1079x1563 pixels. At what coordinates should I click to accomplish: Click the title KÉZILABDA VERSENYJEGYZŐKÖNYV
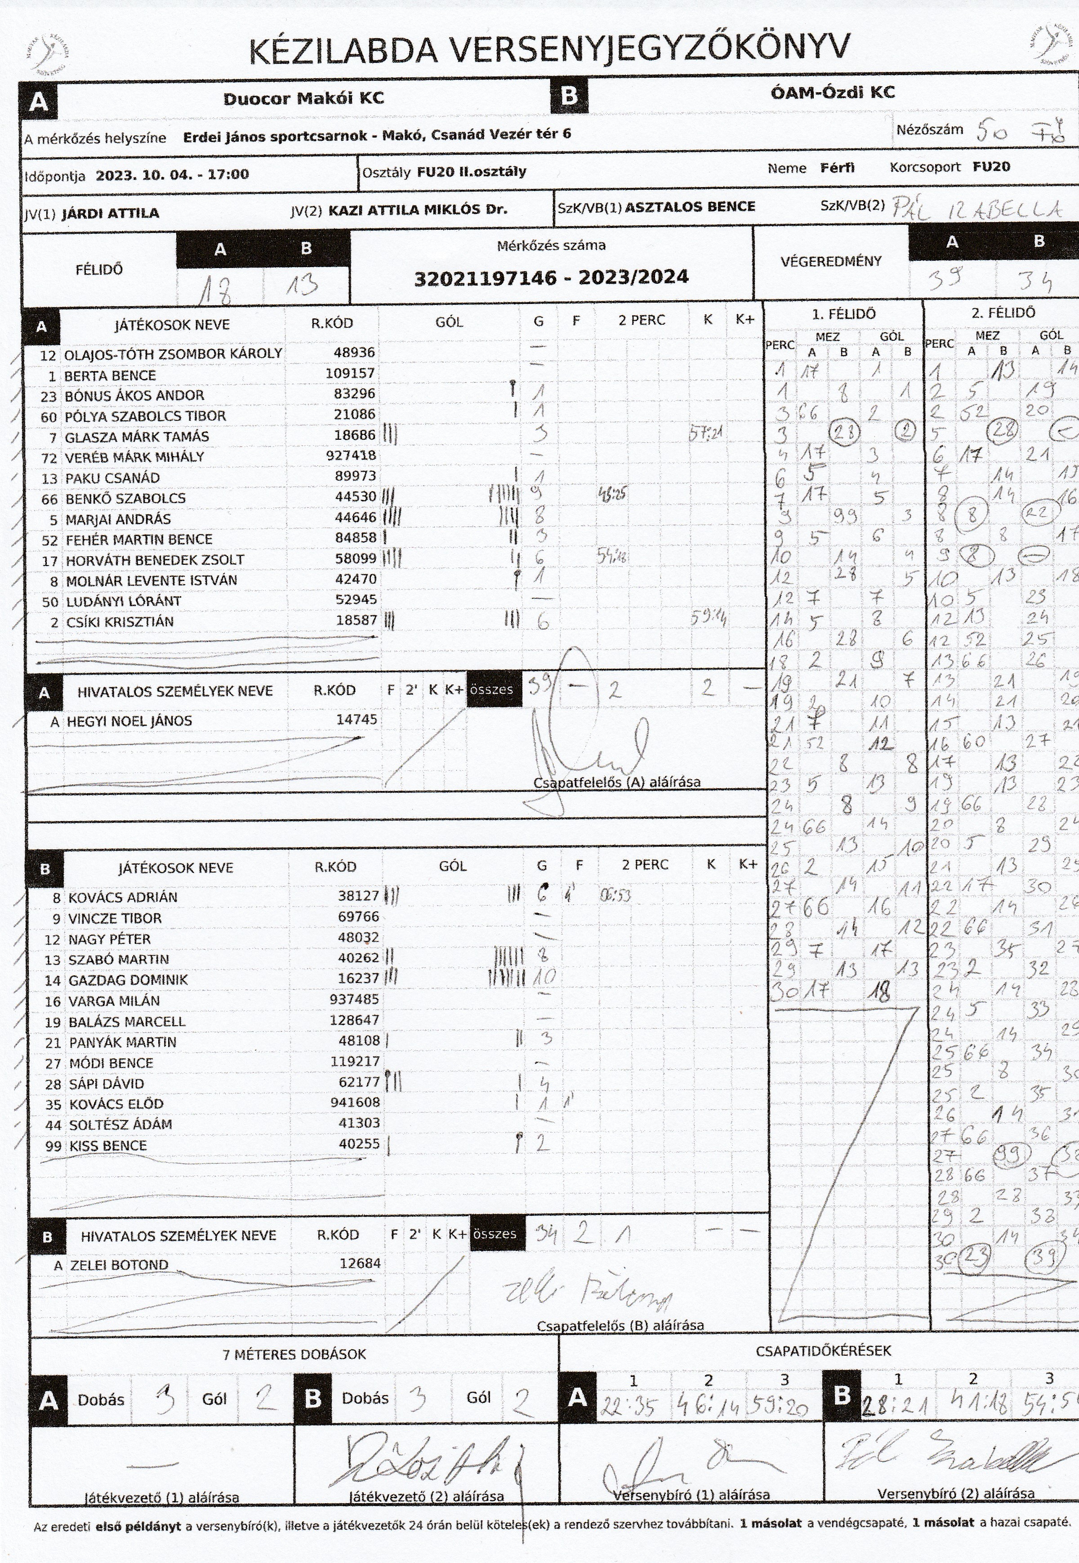548,51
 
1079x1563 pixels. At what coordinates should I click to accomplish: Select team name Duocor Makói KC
303,99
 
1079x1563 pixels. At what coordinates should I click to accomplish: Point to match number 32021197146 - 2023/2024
551,277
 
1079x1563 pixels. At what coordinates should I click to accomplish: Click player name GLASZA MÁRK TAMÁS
137,437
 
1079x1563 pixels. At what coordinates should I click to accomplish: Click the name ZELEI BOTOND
120,1265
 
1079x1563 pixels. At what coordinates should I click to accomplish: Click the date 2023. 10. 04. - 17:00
172,174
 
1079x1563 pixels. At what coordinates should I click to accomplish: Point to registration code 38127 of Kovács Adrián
358,896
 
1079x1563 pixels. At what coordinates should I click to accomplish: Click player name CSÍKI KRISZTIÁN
120,622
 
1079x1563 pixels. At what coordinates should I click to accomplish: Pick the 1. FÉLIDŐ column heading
844,314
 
